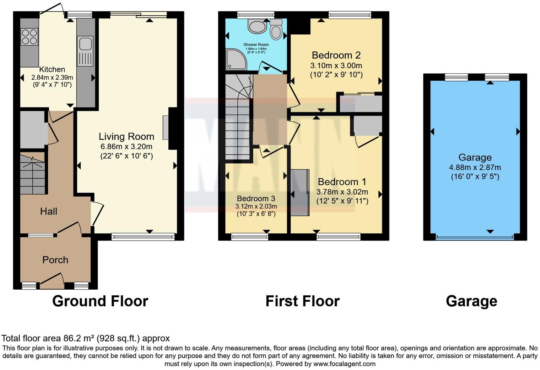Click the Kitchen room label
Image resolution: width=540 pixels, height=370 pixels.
coord(52,69)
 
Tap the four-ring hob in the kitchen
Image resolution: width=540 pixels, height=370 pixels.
coord(29,37)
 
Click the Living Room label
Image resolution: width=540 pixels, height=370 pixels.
coord(126,136)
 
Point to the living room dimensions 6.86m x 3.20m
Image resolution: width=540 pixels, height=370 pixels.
coord(126,146)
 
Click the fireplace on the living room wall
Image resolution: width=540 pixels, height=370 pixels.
coord(166,127)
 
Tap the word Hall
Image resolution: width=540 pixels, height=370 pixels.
coord(49,211)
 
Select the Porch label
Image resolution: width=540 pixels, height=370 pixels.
coord(55,260)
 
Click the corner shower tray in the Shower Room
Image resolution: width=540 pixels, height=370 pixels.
coord(236,59)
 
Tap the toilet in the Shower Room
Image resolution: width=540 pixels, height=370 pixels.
coord(276,30)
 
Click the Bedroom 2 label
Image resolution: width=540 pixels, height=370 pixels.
coord(336,55)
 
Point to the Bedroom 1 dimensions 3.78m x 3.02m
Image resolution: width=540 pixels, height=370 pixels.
coord(342,192)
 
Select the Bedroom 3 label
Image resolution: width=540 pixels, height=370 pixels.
coord(256,199)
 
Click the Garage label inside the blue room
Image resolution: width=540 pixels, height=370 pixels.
coord(475,157)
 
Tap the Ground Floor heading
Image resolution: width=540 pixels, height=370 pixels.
coord(100,301)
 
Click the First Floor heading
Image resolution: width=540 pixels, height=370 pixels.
coord(302,301)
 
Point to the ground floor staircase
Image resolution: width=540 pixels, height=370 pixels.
coord(33,174)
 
